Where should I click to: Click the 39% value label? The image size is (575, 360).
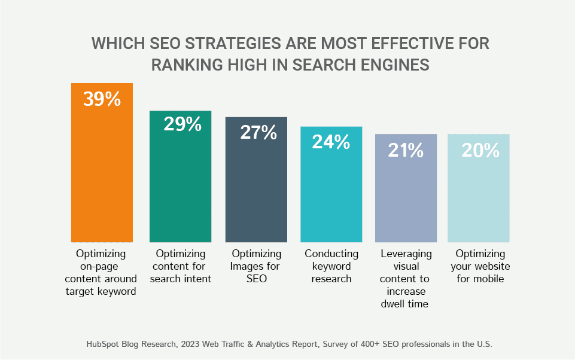(102, 99)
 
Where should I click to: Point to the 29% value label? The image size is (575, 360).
(182, 124)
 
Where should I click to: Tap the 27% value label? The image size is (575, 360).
(258, 132)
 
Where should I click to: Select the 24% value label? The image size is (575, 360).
(331, 142)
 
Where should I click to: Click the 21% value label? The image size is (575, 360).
(406, 151)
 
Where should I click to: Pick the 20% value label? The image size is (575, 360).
(480, 151)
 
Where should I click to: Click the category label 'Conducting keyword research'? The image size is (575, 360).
(331, 266)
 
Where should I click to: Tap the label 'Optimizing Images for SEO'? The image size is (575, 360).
(256, 266)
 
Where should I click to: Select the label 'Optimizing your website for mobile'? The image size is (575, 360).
(480, 266)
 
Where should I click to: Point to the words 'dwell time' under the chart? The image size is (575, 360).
(405, 304)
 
